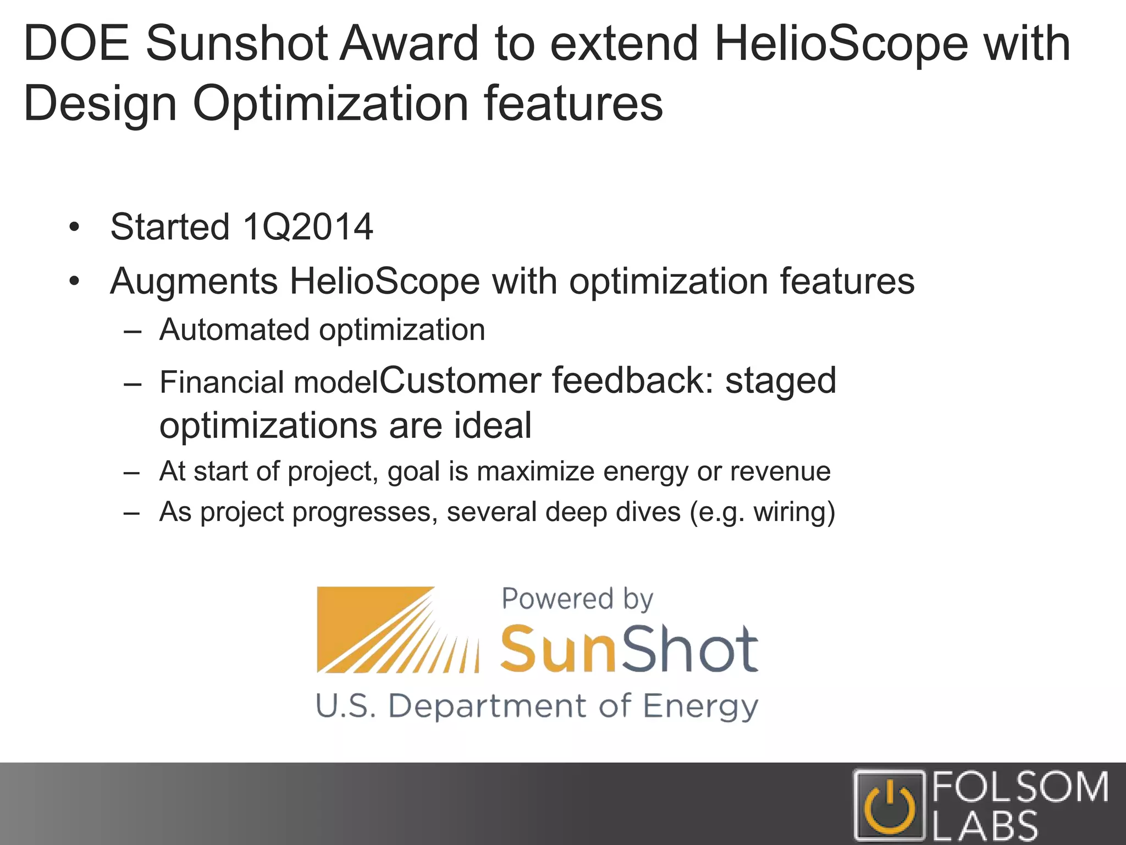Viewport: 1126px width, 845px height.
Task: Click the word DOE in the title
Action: click(76, 44)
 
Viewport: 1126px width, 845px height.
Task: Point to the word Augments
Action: click(194, 282)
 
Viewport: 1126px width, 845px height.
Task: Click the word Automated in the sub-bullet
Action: click(234, 330)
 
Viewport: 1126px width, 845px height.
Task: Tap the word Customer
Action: click(460, 381)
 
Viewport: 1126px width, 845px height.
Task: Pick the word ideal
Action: click(493, 426)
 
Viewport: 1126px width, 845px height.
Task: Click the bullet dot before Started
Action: click(75, 227)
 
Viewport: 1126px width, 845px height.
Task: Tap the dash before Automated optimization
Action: click(133, 332)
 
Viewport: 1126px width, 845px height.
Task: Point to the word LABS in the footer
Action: click(985, 826)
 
